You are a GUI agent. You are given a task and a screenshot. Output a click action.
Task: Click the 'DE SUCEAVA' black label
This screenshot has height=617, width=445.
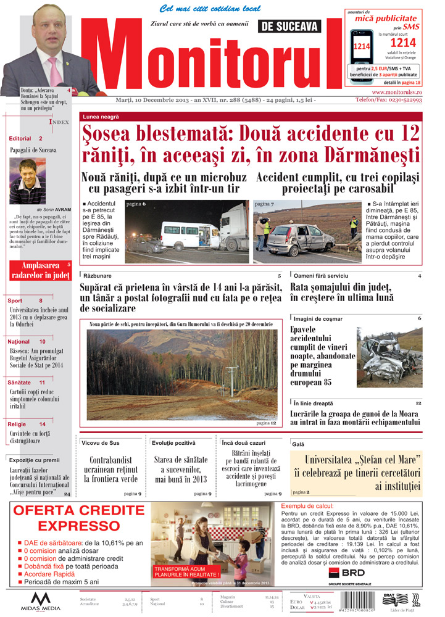pos(290,27)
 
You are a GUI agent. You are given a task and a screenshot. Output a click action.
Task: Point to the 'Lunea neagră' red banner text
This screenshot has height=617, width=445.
pos(99,117)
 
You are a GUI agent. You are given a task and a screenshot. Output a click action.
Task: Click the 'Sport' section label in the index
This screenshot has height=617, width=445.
pos(15,300)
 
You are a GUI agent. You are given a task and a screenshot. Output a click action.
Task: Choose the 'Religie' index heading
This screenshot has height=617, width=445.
pos(17,424)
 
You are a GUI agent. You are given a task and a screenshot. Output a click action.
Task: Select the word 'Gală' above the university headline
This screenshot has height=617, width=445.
pos(298,444)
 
